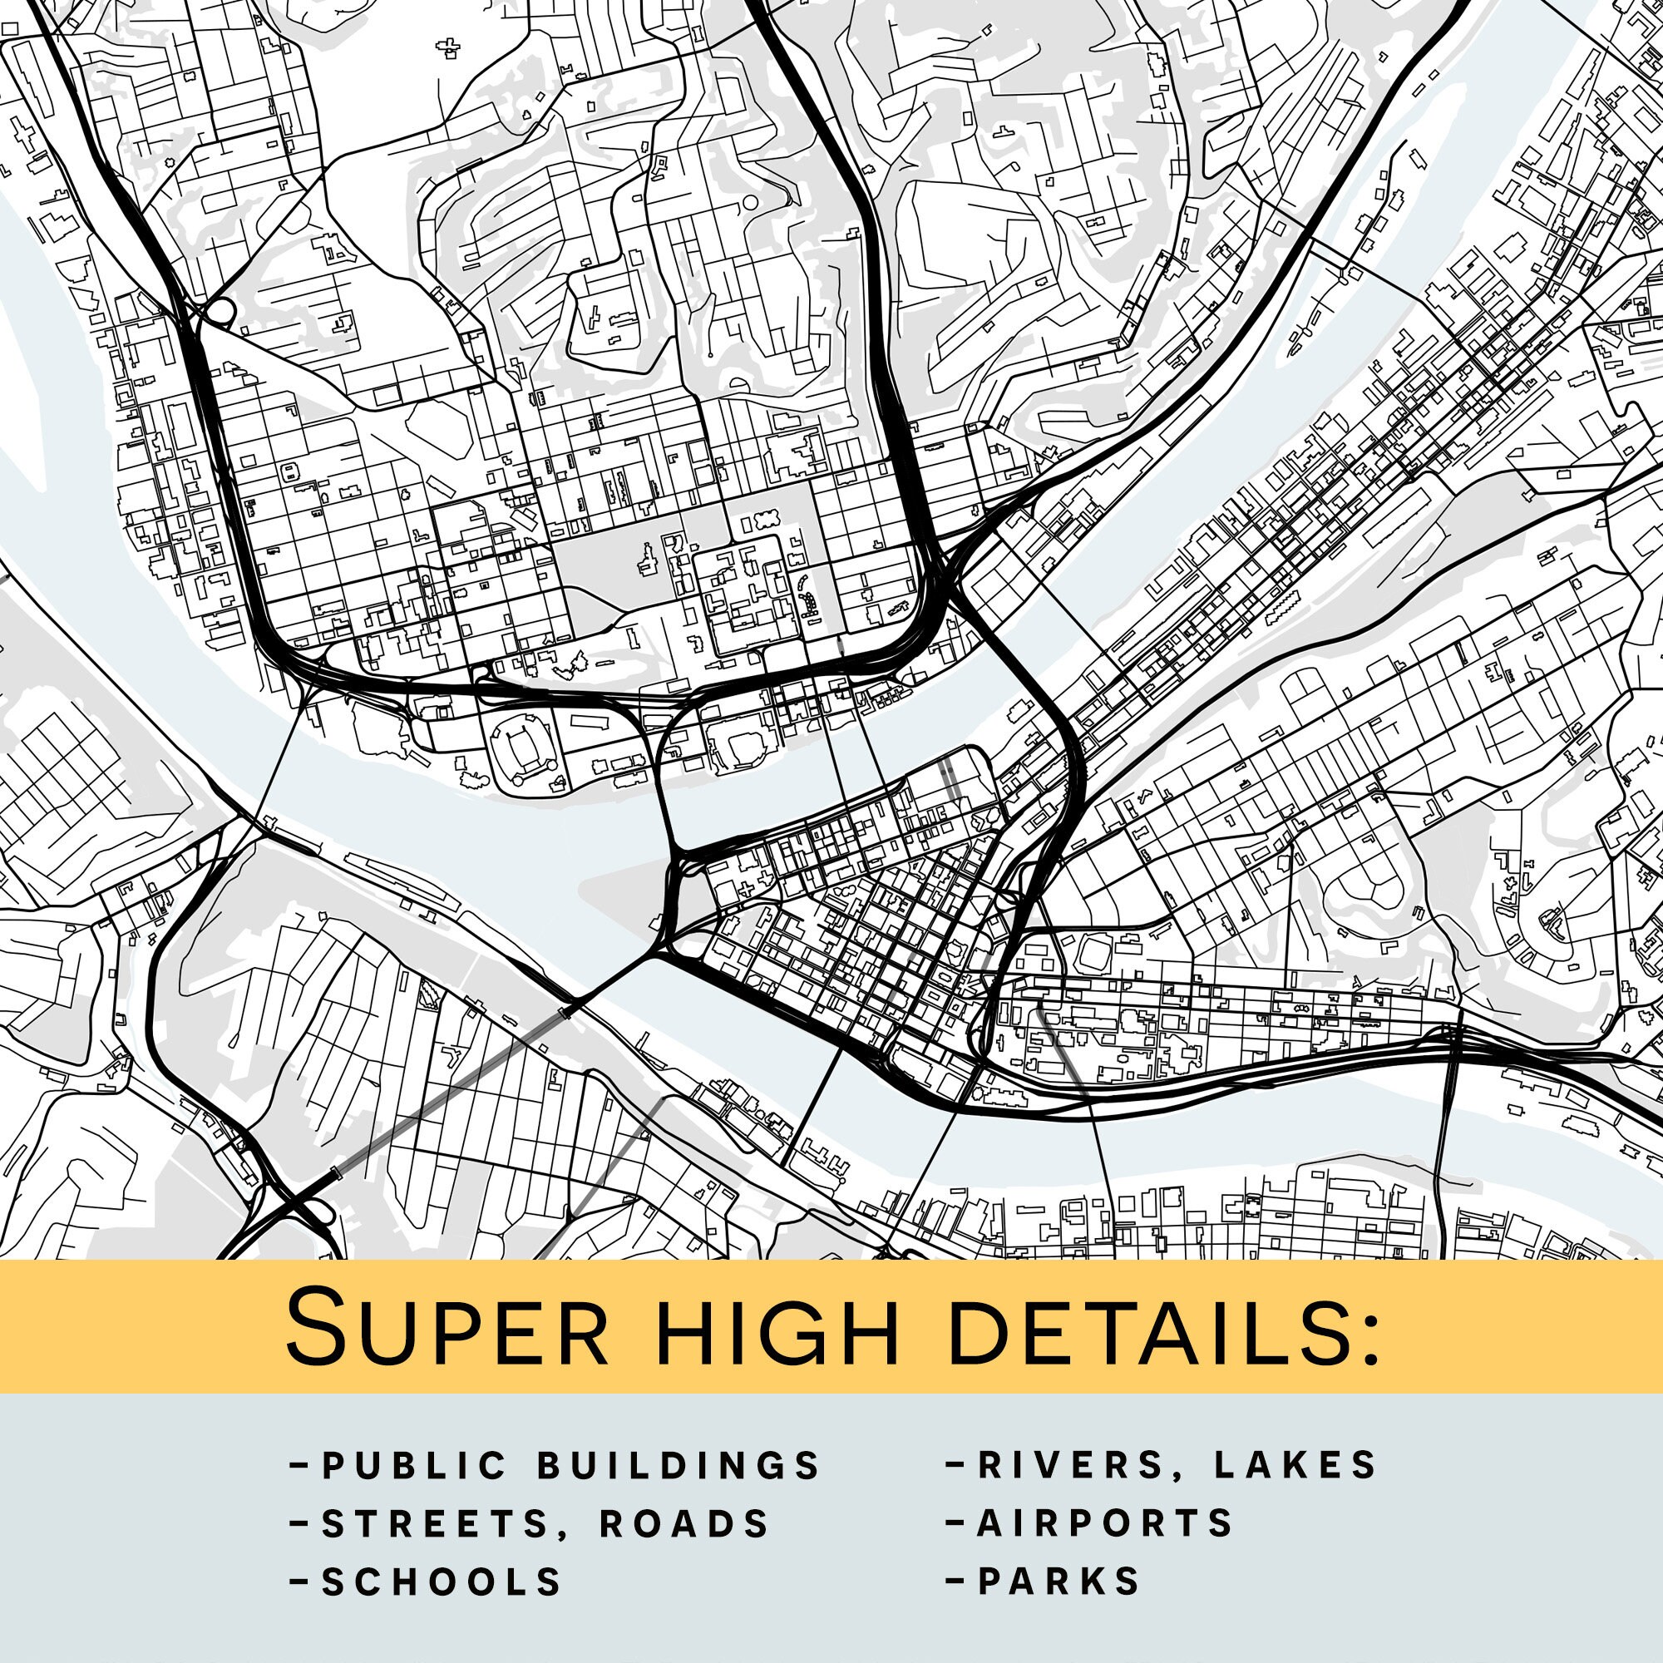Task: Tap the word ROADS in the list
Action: (684, 1524)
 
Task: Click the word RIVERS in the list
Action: (1082, 1465)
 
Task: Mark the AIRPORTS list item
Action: (1105, 1523)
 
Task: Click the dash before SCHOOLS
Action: (300, 1581)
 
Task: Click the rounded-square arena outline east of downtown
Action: (1094, 955)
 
